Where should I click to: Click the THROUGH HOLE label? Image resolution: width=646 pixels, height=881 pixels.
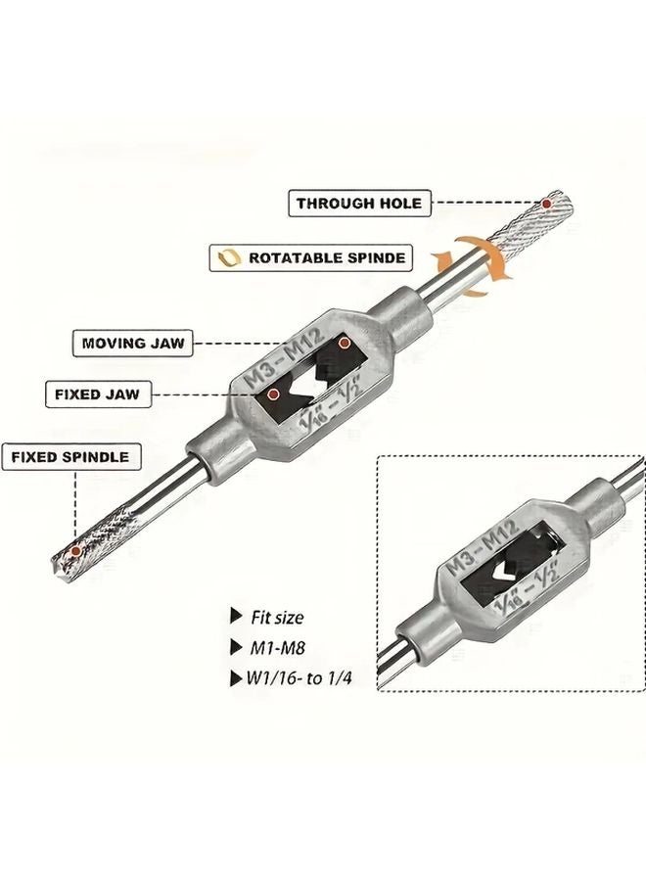[x=359, y=204]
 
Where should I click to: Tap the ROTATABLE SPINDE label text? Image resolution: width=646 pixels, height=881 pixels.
[x=327, y=258]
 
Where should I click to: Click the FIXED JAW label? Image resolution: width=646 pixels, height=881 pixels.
[x=97, y=395]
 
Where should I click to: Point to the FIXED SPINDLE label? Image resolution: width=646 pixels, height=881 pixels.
[x=69, y=456]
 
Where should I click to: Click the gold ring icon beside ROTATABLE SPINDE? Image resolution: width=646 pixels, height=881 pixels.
[x=227, y=258]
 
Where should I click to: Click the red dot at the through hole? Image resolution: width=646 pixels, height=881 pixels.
[x=546, y=204]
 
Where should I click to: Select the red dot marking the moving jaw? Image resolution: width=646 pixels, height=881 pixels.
[x=345, y=344]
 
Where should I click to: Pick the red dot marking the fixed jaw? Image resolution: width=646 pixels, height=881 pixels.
[x=274, y=394]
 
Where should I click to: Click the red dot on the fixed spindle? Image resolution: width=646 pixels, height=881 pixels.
[x=75, y=553]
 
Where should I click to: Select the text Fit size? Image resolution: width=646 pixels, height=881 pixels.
[x=276, y=618]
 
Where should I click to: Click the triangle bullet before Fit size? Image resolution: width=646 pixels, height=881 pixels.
[x=235, y=617]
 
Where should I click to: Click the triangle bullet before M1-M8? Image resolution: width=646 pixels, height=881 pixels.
[x=235, y=647]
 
